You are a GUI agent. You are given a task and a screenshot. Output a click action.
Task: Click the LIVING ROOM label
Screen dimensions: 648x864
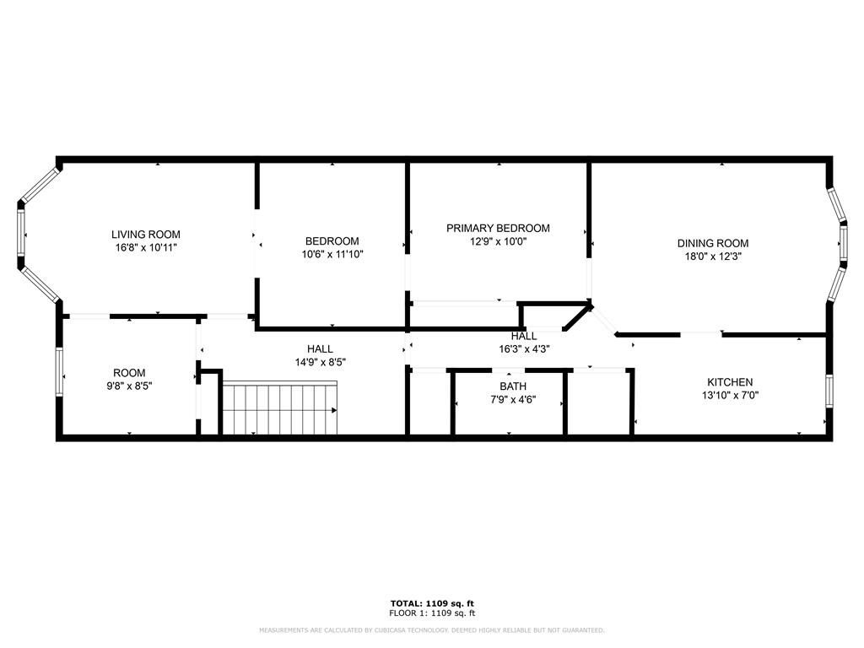[146, 235]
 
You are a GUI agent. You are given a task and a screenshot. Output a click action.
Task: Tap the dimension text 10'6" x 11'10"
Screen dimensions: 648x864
[332, 254]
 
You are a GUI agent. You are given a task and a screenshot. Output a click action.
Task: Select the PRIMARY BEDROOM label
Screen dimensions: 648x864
[498, 228]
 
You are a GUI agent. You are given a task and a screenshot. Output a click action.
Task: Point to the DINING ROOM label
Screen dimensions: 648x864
[713, 243]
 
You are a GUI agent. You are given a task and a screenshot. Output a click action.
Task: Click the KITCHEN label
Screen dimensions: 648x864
[729, 382]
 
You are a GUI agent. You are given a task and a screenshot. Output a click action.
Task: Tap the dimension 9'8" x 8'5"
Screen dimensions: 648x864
[128, 386]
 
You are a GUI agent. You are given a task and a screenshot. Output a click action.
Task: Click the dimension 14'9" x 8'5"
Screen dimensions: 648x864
[319, 362]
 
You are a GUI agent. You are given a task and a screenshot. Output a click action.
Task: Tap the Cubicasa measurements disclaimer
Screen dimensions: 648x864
[431, 630]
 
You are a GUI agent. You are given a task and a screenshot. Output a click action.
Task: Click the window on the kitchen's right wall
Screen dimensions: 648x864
[829, 389]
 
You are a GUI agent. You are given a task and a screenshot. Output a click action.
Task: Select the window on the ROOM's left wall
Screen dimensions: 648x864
[59, 371]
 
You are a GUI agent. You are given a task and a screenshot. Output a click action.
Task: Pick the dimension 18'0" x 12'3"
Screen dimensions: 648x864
[713, 256]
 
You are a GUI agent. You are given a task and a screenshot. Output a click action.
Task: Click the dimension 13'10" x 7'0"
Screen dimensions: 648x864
[729, 395]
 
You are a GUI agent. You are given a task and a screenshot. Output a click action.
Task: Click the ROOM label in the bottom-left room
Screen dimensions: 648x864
[129, 373]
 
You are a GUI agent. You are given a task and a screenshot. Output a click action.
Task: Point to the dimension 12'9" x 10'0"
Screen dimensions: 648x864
[498, 241]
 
